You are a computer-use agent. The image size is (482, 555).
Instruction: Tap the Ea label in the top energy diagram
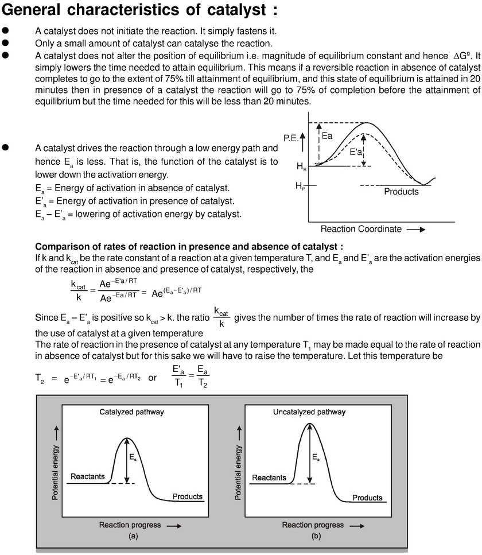point(326,137)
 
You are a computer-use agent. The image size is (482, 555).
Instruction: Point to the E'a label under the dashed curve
point(356,154)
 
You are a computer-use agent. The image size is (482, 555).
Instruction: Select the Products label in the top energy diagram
point(401,192)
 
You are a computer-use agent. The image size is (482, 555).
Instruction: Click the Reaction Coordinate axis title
point(361,229)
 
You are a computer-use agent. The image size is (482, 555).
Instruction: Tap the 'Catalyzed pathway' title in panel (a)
point(131,412)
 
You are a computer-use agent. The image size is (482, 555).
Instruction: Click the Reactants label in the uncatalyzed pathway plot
point(269,478)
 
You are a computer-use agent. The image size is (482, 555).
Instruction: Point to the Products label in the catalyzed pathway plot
point(188,496)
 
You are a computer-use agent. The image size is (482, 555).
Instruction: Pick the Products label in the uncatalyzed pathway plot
point(367,498)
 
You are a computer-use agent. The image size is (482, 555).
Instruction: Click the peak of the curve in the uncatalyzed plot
point(310,424)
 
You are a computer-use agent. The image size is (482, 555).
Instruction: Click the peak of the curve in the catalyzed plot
point(127,438)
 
